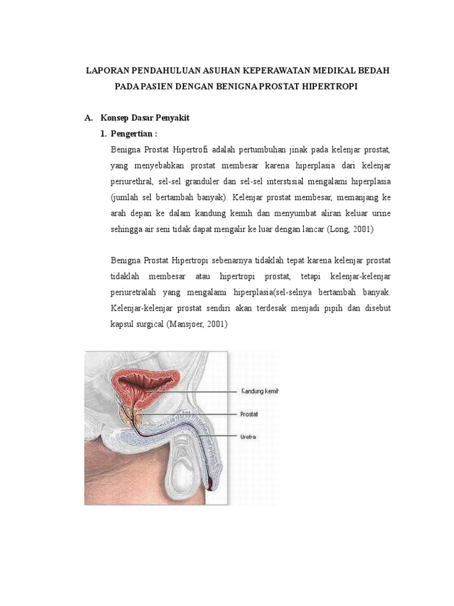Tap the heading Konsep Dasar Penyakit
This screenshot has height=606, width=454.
click(144, 118)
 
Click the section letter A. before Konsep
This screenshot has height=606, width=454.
click(89, 118)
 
